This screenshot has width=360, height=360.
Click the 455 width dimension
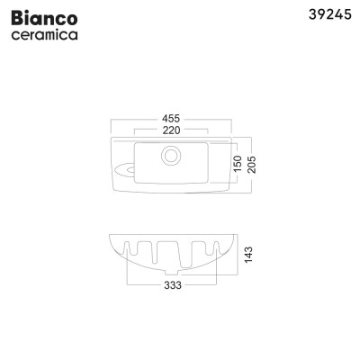(171, 116)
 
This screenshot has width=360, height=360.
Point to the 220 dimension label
(171, 130)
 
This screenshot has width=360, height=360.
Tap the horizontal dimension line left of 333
(144, 285)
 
